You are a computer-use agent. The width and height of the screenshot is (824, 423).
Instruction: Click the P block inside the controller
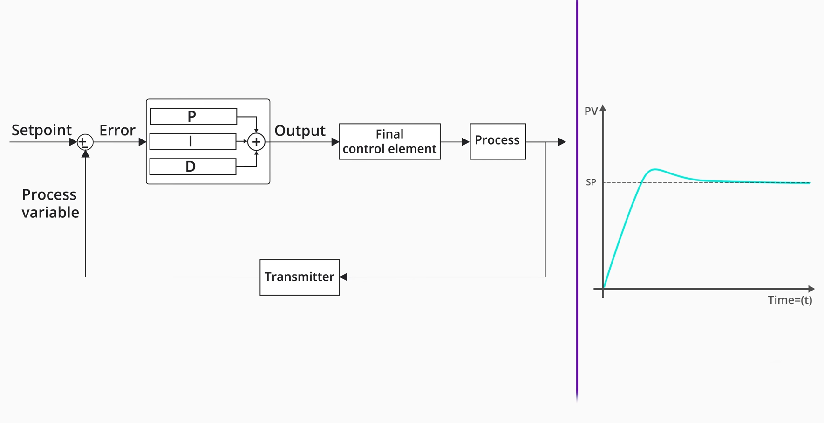point(193,117)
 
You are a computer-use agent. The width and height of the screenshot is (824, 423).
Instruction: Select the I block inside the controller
point(192,141)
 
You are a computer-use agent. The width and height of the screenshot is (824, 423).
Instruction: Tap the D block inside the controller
point(192,166)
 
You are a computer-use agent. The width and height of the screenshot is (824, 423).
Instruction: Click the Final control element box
point(389,141)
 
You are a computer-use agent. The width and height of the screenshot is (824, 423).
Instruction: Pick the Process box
point(497,141)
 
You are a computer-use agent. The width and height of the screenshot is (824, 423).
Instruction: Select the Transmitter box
point(300,277)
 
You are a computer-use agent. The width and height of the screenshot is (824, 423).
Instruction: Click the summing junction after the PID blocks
point(256,142)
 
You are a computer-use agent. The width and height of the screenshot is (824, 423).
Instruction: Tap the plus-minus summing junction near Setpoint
point(85,142)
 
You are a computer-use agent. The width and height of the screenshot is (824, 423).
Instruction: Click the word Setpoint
point(41,130)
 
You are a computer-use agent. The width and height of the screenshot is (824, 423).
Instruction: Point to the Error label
point(117,130)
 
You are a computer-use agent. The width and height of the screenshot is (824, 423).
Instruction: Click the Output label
point(300,131)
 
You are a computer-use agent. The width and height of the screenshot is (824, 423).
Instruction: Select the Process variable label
point(50,203)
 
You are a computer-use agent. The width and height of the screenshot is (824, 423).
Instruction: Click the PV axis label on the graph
point(591,111)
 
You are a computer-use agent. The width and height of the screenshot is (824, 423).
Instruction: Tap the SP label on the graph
point(591,182)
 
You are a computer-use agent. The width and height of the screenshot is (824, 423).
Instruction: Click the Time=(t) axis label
point(790,300)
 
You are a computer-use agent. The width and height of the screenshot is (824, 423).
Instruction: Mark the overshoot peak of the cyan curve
point(655,169)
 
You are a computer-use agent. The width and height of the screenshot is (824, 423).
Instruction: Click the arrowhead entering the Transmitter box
point(344,277)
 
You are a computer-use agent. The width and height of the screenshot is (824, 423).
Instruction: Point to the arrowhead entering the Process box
point(465,142)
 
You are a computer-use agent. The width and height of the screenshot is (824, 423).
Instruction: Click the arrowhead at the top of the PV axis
point(603,109)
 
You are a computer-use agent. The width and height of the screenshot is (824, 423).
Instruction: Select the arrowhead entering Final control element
point(335,142)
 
